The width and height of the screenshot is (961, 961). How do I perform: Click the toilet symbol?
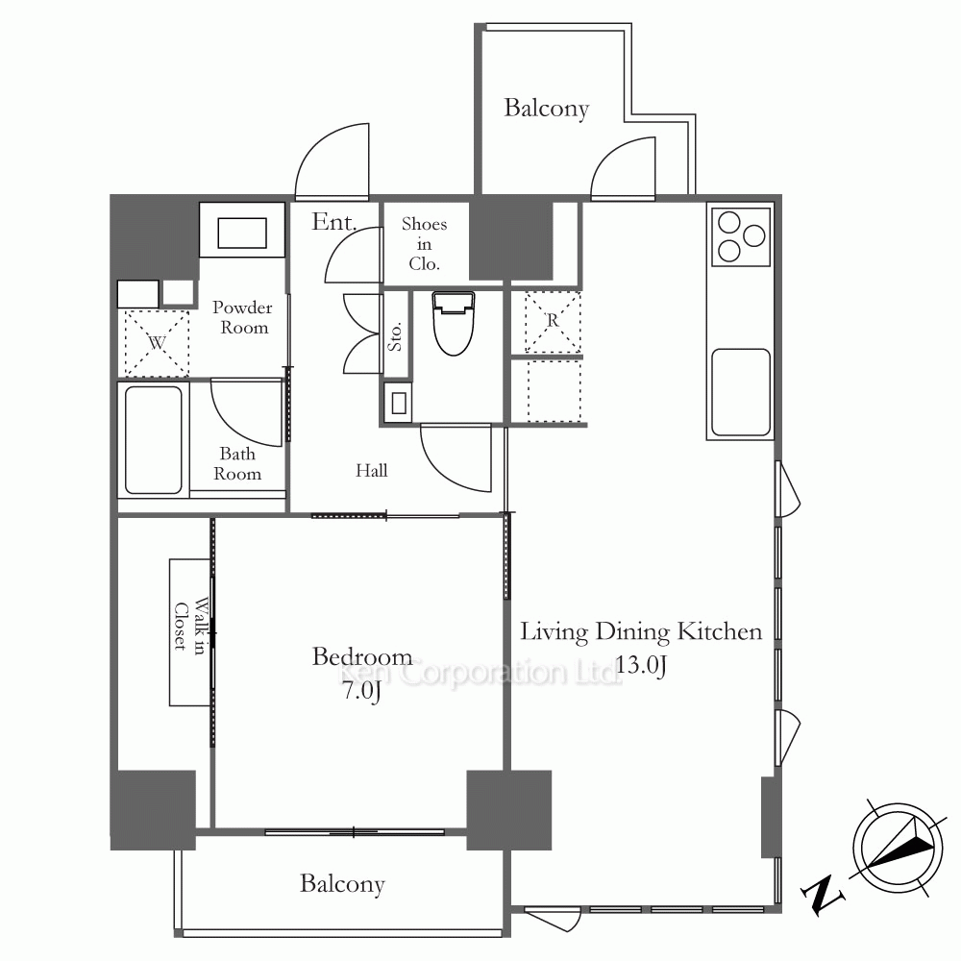(x=454, y=324)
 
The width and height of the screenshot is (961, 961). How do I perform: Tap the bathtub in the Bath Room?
(x=153, y=439)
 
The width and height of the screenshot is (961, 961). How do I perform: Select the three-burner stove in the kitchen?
(x=741, y=236)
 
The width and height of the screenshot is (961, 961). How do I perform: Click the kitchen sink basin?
(x=740, y=392)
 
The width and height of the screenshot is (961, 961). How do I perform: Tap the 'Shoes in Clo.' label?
(x=424, y=244)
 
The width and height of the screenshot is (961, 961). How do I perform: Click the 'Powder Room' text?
(x=243, y=317)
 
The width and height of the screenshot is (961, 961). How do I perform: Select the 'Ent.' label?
(x=334, y=222)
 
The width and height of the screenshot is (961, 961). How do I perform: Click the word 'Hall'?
(x=371, y=470)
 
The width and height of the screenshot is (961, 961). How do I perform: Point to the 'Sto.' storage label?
(x=395, y=335)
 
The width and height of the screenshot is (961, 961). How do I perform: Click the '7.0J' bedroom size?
(x=361, y=691)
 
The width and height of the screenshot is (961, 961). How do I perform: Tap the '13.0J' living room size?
(x=640, y=664)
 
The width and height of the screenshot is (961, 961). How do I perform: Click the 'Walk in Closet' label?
(x=189, y=626)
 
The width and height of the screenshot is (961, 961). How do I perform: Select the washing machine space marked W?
(x=157, y=343)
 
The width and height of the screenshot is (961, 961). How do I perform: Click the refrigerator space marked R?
(x=553, y=322)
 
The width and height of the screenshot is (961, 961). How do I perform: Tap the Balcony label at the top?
(x=546, y=109)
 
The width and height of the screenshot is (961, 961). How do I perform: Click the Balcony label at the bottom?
(x=342, y=884)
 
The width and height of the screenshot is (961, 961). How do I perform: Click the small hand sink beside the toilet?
(x=399, y=403)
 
